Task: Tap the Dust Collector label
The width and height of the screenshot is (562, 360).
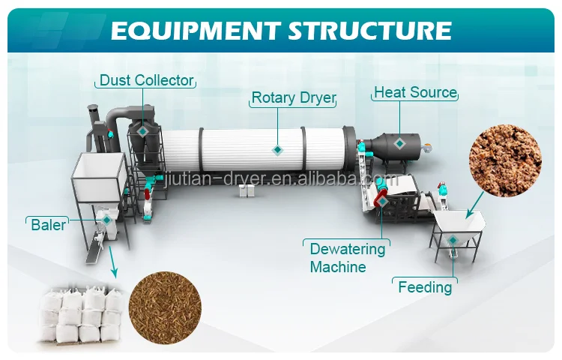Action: tap(147, 80)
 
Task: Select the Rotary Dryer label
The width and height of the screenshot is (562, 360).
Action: tap(293, 97)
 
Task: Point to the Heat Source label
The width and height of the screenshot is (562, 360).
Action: tap(415, 92)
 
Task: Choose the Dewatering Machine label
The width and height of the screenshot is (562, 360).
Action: tap(347, 257)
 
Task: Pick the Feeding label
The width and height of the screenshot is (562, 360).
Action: tap(425, 286)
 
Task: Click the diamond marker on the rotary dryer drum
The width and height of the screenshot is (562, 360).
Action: tap(278, 150)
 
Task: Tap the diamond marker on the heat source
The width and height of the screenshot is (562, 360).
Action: tap(399, 142)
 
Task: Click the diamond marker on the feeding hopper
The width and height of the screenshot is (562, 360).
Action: tap(452, 240)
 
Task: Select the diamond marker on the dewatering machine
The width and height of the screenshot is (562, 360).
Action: tap(382, 200)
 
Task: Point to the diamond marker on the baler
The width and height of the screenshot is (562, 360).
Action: tap(106, 219)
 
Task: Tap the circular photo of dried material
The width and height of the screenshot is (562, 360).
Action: tap(165, 304)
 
